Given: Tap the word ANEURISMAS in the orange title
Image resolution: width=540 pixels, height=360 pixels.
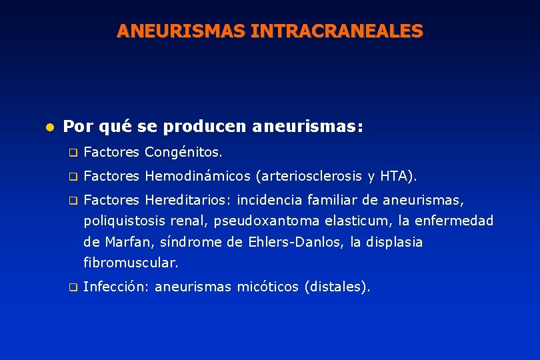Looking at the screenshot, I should pos(181,31).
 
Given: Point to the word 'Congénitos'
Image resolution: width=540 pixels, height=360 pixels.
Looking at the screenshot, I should pos(183,153).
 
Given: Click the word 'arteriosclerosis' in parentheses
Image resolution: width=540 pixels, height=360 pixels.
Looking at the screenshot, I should pos(309,177).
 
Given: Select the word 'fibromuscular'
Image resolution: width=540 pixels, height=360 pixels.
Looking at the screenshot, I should pos(130,263).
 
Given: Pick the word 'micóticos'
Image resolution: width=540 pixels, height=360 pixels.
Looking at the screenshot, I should pos(269,287).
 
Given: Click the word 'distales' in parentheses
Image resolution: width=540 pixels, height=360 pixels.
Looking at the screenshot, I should pos(335,287).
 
